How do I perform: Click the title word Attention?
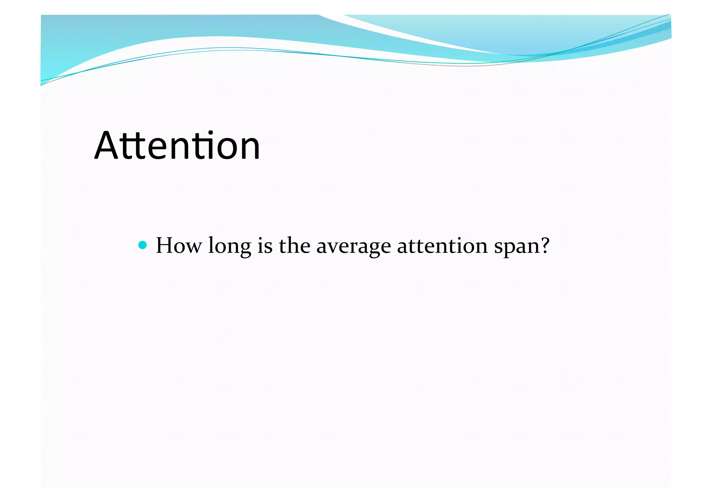tap(177, 146)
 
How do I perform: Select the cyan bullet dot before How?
tap(143, 245)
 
